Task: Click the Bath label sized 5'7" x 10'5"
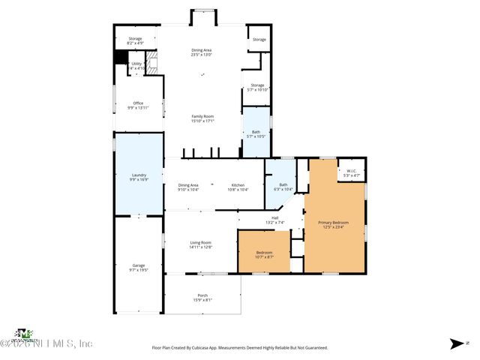pyautogui.click(x=256, y=133)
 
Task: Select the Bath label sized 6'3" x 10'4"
pyautogui.click(x=283, y=187)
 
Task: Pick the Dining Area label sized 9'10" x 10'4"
pyautogui.click(x=188, y=187)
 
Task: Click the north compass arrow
pyautogui.click(x=457, y=343)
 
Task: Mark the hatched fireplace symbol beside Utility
pyautogui.click(x=153, y=61)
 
